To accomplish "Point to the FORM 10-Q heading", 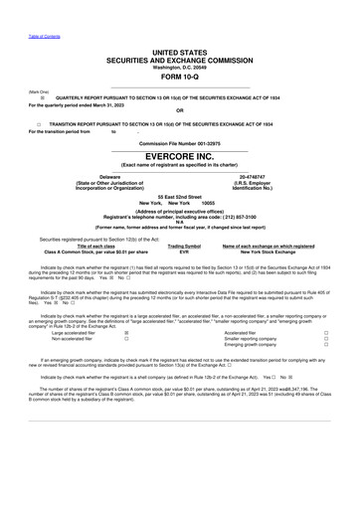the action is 180,78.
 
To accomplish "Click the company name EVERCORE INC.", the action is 180,157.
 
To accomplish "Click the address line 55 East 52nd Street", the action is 180,197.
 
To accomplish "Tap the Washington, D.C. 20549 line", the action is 180,67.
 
